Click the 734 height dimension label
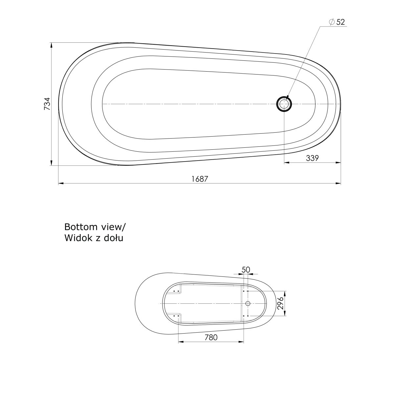47,104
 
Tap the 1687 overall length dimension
200,179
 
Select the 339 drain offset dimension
312,158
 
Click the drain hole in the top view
284,104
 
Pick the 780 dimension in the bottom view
211,337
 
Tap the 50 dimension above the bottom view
246,270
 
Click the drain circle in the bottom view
248,303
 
